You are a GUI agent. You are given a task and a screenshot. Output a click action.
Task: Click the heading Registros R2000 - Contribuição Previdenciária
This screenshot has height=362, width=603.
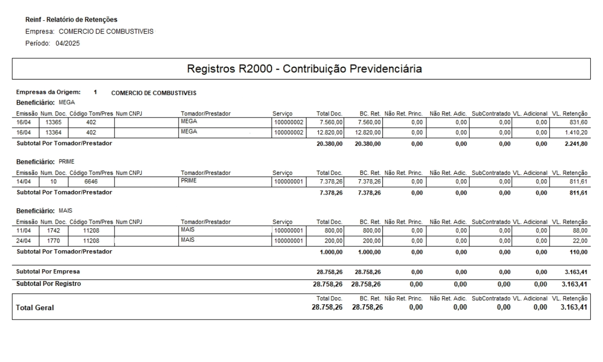(x=301, y=69)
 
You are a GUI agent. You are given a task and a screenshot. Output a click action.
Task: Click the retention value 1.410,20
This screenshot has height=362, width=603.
(x=575, y=132)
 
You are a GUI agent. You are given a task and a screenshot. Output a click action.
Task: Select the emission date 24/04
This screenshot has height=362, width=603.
(x=24, y=241)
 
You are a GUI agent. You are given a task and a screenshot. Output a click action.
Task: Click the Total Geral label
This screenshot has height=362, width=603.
(x=35, y=308)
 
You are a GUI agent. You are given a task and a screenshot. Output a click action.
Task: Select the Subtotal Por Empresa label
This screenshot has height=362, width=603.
(x=48, y=272)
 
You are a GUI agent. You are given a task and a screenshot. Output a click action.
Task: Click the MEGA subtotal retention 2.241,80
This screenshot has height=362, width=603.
(x=575, y=144)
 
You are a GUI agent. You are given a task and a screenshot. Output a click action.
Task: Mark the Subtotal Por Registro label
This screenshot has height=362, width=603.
(x=48, y=284)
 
